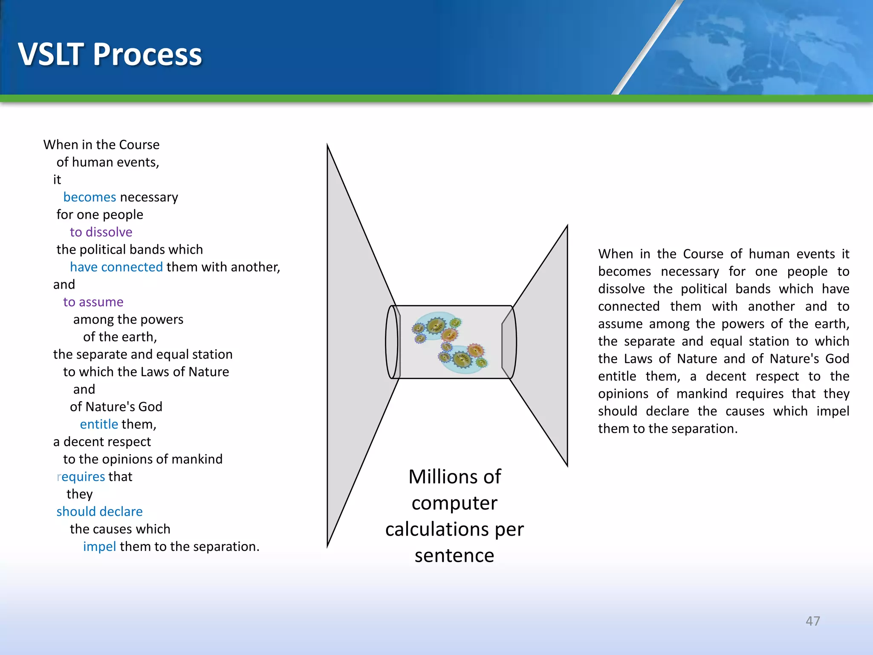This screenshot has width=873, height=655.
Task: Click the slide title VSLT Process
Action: pyautogui.click(x=110, y=54)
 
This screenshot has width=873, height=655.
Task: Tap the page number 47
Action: pyautogui.click(x=812, y=621)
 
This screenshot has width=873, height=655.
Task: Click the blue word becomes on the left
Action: pyautogui.click(x=90, y=197)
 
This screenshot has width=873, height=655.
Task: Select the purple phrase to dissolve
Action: pyautogui.click(x=101, y=232)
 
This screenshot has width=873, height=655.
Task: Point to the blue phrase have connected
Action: pyautogui.click(x=116, y=267)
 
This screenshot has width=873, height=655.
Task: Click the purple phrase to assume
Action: pyautogui.click(x=93, y=302)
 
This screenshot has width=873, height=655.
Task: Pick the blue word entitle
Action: pyautogui.click(x=98, y=424)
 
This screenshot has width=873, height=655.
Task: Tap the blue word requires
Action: pyautogui.click(x=81, y=477)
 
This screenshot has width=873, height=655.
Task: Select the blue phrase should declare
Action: pyautogui.click(x=99, y=512)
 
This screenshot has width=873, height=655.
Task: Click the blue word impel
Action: pyautogui.click(x=99, y=547)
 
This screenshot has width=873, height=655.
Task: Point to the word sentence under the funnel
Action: pyautogui.click(x=454, y=556)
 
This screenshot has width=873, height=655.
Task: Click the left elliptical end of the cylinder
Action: pyautogui.click(x=392, y=342)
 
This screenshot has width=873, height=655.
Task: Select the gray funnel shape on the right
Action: pyautogui.click(x=546, y=345)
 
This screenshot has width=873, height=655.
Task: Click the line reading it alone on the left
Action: pyautogui.click(x=57, y=180)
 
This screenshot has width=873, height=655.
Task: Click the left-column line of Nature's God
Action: pyautogui.click(x=116, y=407)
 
